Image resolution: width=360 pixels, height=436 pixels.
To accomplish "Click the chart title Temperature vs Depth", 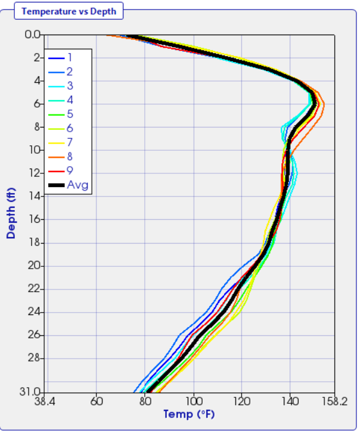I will (69, 11).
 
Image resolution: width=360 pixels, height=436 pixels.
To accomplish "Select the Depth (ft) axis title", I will (11, 213).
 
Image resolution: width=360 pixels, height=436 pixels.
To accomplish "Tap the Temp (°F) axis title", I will (189, 414).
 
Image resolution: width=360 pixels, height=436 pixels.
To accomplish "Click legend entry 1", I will (70, 57).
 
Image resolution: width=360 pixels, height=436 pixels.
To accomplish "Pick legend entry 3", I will (70, 86).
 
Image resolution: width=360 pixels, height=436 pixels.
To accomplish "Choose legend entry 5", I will (70, 114).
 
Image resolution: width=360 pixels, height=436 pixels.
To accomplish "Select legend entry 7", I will (70, 142).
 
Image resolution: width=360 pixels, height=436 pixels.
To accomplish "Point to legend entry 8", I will (70, 157).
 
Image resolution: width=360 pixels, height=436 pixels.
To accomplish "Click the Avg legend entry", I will (77, 185).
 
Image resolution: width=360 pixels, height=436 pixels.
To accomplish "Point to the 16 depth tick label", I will (35, 219).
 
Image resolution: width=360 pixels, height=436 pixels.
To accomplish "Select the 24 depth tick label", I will (34, 312).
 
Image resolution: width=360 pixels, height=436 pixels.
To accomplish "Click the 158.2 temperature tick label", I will (336, 401).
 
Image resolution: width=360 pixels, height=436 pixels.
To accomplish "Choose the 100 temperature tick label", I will (194, 401).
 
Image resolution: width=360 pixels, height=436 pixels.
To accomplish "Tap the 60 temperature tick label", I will (97, 401).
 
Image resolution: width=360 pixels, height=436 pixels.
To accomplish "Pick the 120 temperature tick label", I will (241, 401).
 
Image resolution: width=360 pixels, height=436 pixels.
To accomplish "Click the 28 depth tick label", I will (34, 358).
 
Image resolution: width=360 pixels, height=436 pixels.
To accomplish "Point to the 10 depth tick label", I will (35, 150).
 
